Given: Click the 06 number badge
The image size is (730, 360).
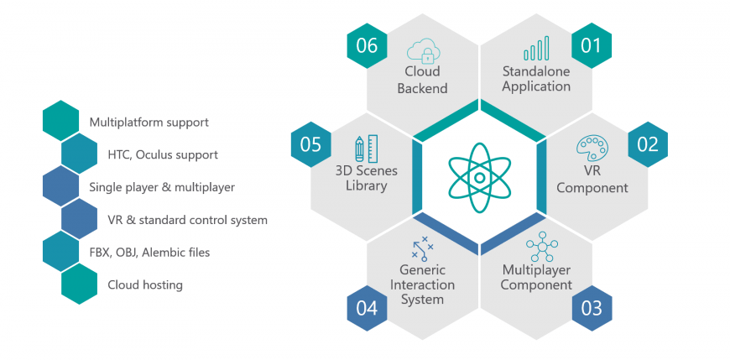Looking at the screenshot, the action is coord(367,45).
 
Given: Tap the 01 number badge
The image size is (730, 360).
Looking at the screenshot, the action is coord(592,45).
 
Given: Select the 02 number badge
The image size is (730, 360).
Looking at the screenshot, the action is coord(648,144).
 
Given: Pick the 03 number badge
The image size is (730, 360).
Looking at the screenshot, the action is coord(592,308).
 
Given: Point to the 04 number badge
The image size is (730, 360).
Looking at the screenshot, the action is coord(367,308).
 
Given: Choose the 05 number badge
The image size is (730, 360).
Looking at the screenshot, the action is coord(311,144).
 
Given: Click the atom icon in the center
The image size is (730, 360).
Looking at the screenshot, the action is coord(479,177).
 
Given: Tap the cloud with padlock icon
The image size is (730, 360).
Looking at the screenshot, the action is coord(423,50).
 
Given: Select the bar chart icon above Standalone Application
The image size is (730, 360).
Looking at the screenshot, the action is coord(536,49).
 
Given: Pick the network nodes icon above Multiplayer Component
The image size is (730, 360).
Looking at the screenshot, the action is coord(542,247).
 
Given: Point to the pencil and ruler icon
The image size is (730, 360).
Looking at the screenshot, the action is coord(366,148).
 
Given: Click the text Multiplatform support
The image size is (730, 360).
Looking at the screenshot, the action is coord(149,123).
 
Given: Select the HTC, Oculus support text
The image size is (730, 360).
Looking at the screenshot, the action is coord(163,154).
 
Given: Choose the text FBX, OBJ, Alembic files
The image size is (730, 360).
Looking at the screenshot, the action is coord(149,253).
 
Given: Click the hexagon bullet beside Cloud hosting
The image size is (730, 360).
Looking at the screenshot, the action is coord(79,284).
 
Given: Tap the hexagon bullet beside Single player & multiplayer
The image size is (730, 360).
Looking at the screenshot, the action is coord(60,185).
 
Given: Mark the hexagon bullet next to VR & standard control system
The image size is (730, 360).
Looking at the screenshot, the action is coord(79,218).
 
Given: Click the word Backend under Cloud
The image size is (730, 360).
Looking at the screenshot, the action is coord(422,88).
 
